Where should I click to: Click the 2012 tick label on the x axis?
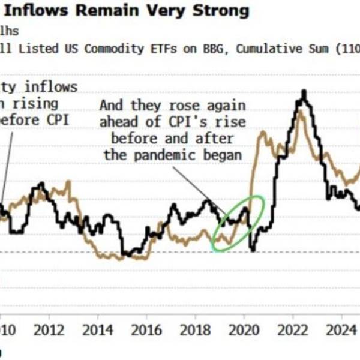49,329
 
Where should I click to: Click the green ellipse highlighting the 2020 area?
238,223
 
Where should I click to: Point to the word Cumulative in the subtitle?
268,48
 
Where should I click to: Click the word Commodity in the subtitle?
113,48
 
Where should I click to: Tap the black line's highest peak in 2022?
304,92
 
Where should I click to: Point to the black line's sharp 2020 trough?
253,250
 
